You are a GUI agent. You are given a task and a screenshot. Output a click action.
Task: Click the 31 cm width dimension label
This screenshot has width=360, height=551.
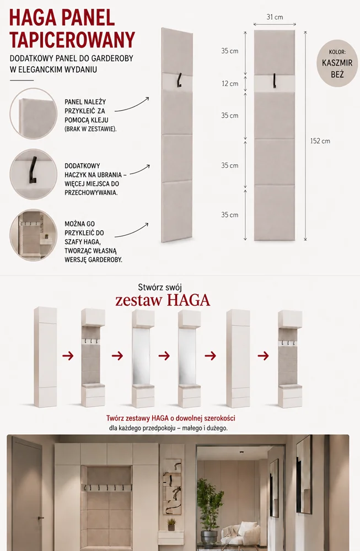click(x=275, y=17)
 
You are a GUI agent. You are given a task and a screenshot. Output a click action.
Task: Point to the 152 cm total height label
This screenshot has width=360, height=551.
click(x=320, y=141)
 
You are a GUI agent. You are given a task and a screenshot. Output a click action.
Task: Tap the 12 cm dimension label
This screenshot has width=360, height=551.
click(x=230, y=84)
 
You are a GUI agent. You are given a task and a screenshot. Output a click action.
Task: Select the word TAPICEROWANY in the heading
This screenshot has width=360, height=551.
click(x=72, y=39)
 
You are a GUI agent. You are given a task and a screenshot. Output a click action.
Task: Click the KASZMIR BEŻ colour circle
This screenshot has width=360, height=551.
click(x=337, y=63)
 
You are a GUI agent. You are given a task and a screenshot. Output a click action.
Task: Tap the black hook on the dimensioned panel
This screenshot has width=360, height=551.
click(x=274, y=80)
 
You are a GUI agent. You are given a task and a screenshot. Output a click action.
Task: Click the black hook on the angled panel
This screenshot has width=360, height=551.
click(x=179, y=79)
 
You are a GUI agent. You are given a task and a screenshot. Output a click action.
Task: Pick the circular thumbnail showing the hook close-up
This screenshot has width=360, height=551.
click(x=34, y=174)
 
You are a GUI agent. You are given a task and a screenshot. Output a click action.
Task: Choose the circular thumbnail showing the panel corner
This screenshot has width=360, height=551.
click(x=34, y=112)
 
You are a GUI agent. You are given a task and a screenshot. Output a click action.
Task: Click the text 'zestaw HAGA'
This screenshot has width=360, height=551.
click(x=163, y=300)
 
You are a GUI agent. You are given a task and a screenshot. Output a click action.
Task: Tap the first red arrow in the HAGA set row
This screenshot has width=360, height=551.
click(x=68, y=355)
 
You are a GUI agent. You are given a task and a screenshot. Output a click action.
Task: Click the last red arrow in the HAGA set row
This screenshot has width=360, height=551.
click(x=263, y=356)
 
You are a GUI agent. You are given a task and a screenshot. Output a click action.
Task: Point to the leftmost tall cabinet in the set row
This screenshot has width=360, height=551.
click(x=45, y=357)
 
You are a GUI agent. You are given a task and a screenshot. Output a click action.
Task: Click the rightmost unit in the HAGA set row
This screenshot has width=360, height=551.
click(x=290, y=359)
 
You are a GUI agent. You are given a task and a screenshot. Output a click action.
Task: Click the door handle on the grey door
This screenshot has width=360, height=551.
click(x=41, y=517)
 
